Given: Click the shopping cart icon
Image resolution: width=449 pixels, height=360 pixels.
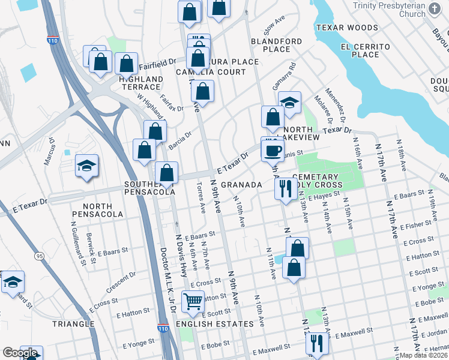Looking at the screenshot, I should pos(193,301).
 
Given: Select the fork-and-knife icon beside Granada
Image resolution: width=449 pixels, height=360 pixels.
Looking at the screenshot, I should pos(285,188).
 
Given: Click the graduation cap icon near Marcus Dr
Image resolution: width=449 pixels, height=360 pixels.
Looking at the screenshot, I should pos(87,166).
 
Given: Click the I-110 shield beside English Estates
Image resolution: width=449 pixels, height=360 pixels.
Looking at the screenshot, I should pos(163,328).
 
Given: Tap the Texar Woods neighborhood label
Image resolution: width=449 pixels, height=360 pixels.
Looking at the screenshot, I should pos(347,28).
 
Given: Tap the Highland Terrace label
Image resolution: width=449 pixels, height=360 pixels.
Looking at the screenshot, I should pos(140,83).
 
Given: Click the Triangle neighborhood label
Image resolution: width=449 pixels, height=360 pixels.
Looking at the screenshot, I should pos(73,324).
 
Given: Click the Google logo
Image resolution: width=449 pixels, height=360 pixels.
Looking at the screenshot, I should pos(20,353).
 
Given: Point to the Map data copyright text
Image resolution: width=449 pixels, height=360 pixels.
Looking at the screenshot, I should pos(423,355).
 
